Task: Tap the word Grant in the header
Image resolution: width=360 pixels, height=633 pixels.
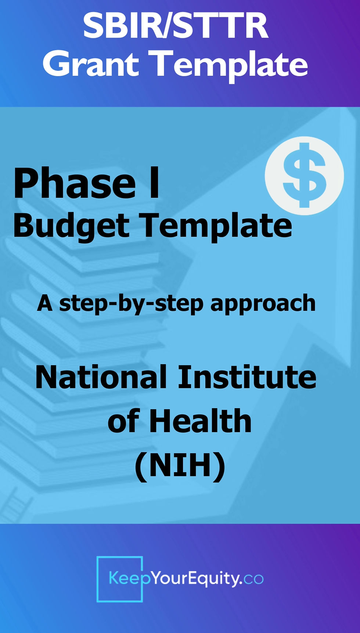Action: click(91, 64)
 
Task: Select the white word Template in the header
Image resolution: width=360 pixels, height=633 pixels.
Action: click(230, 65)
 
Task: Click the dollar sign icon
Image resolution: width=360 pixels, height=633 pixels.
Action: click(304, 175)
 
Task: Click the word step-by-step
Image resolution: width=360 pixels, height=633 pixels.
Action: click(131, 304)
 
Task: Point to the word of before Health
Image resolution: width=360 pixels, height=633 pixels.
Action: click(123, 421)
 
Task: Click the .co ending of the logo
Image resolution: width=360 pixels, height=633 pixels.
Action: click(253, 579)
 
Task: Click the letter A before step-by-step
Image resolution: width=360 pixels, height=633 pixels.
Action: click(45, 303)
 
